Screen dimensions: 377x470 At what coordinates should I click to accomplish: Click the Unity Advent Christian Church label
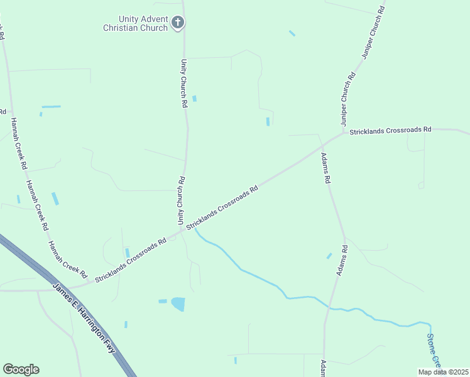tap(136, 24)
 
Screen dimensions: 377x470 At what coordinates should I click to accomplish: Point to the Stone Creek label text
tap(434, 350)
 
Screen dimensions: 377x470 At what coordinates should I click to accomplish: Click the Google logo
tap(21, 369)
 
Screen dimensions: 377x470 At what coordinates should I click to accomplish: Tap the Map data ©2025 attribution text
tap(442, 371)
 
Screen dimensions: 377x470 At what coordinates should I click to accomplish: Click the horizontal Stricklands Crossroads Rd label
tap(390, 130)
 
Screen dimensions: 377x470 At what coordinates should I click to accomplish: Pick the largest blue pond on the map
tap(178, 304)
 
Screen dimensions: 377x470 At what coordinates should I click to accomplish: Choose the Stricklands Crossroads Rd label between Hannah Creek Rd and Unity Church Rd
tap(131, 260)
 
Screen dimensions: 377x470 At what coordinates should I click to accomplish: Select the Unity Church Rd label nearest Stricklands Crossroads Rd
tap(180, 201)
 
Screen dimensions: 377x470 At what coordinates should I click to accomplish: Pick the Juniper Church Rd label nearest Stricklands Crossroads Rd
tap(349, 99)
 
